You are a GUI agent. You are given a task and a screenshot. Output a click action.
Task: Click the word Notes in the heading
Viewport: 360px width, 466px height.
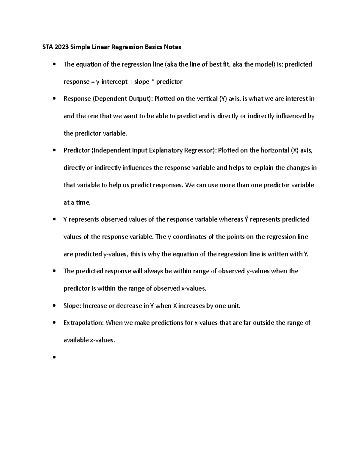click(172, 47)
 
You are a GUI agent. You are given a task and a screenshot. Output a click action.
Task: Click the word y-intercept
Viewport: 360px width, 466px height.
click(112, 82)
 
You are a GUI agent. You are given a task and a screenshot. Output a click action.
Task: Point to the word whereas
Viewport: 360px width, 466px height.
click(231, 219)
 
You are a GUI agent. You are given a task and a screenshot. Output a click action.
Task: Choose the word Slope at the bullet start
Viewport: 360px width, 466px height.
click(72, 306)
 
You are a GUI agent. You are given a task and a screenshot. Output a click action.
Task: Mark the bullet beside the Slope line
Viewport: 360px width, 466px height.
click(54, 306)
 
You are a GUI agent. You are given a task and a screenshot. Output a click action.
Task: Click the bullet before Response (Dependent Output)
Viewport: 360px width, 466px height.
click(54, 99)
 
